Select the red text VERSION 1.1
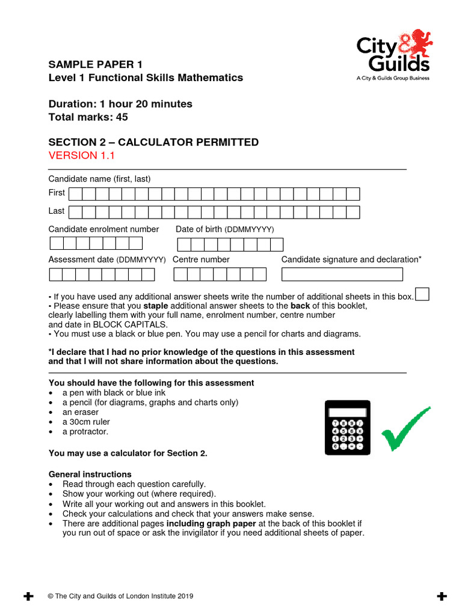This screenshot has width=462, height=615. (x=81, y=156)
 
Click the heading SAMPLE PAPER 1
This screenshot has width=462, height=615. (x=96, y=64)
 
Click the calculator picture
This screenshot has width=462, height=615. (x=347, y=427)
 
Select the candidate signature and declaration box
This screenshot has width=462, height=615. (x=342, y=274)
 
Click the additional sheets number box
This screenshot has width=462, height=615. (x=422, y=294)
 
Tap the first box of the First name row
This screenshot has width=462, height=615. (x=75, y=193)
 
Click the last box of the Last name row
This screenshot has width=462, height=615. (x=353, y=212)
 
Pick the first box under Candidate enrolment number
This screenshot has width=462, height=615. (x=57, y=243)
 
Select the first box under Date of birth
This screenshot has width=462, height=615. (x=184, y=244)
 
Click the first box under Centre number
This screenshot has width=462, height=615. (x=180, y=274)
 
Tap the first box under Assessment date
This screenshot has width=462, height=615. (x=56, y=274)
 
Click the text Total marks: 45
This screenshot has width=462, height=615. (x=88, y=117)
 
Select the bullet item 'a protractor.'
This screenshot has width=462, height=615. (x=85, y=432)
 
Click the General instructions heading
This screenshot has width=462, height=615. (x=90, y=474)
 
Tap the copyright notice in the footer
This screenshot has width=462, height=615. (x=120, y=596)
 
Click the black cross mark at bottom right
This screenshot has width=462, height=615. (x=442, y=596)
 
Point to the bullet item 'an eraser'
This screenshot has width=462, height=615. (x=81, y=413)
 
